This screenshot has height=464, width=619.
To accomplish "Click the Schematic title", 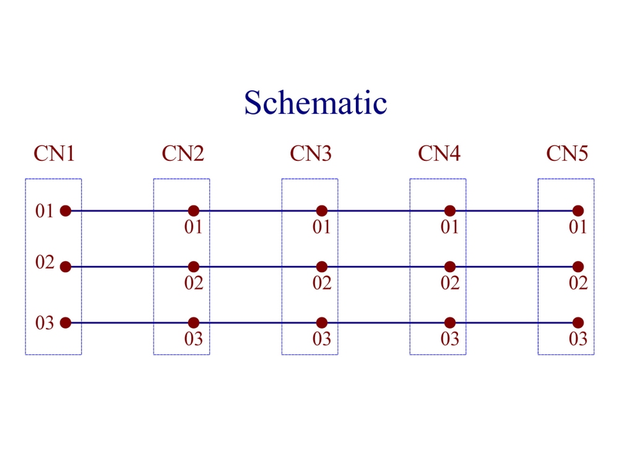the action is point(316,102).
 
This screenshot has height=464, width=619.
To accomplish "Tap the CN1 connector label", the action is point(54,153).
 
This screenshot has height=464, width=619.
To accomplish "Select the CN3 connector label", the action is point(311,153).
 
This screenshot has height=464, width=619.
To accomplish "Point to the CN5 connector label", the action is point(567,153).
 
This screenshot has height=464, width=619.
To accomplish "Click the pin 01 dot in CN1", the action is point(66,211).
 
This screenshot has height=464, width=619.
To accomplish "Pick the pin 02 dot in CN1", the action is point(66,267).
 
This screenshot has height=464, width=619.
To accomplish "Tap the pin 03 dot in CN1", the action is point(66,323).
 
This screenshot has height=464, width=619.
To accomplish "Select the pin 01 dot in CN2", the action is point(193,211).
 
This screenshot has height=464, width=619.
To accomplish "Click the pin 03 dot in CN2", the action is point(193,323).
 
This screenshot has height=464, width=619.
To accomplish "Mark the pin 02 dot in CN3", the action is point(322,267).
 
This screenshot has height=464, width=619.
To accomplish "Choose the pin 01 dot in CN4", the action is point(450,211).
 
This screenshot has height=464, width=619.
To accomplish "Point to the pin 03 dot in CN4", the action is point(450,323).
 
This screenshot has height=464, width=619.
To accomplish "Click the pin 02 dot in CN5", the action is point(578,267).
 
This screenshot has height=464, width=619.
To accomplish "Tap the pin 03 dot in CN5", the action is point(578,323).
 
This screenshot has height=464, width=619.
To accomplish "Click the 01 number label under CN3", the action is point(321,227).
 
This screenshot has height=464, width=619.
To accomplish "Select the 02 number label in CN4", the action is point(450,283).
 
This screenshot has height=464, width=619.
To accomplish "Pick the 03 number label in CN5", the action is point(578,339).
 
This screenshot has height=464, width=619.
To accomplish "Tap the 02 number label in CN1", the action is point(45,262).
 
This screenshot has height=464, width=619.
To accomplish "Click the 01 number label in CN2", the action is point(193,227).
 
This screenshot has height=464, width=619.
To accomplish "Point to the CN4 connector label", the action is point(439,153).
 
